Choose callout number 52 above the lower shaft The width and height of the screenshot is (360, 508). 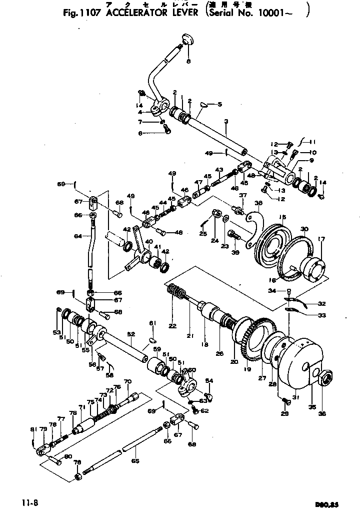(130, 334)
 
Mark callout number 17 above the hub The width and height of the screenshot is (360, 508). (320, 239)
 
